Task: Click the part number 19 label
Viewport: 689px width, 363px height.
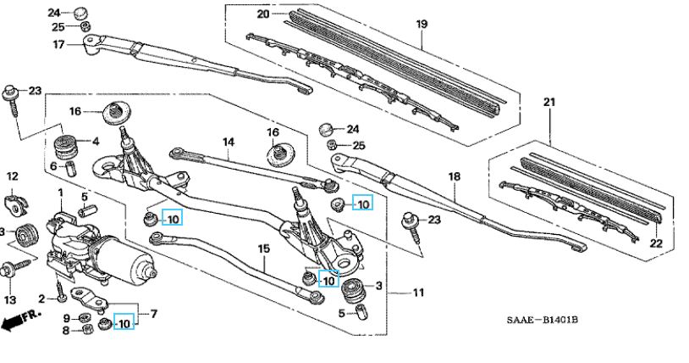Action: point(422,24)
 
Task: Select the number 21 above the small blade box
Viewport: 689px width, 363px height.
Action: point(549,103)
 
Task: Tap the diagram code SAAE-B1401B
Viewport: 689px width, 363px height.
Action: point(543,320)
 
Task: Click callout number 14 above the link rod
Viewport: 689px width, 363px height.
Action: point(228,142)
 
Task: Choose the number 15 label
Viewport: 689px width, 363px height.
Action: point(263,249)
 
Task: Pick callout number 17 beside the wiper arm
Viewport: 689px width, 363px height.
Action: point(59,44)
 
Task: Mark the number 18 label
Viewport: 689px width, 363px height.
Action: point(455,176)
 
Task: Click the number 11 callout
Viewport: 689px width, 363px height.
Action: point(418,292)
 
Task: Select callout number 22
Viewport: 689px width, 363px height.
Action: point(656,243)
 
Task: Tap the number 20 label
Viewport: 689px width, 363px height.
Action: point(262,14)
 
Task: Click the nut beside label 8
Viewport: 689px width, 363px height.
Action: point(87,328)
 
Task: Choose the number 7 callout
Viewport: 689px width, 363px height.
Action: point(153,314)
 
